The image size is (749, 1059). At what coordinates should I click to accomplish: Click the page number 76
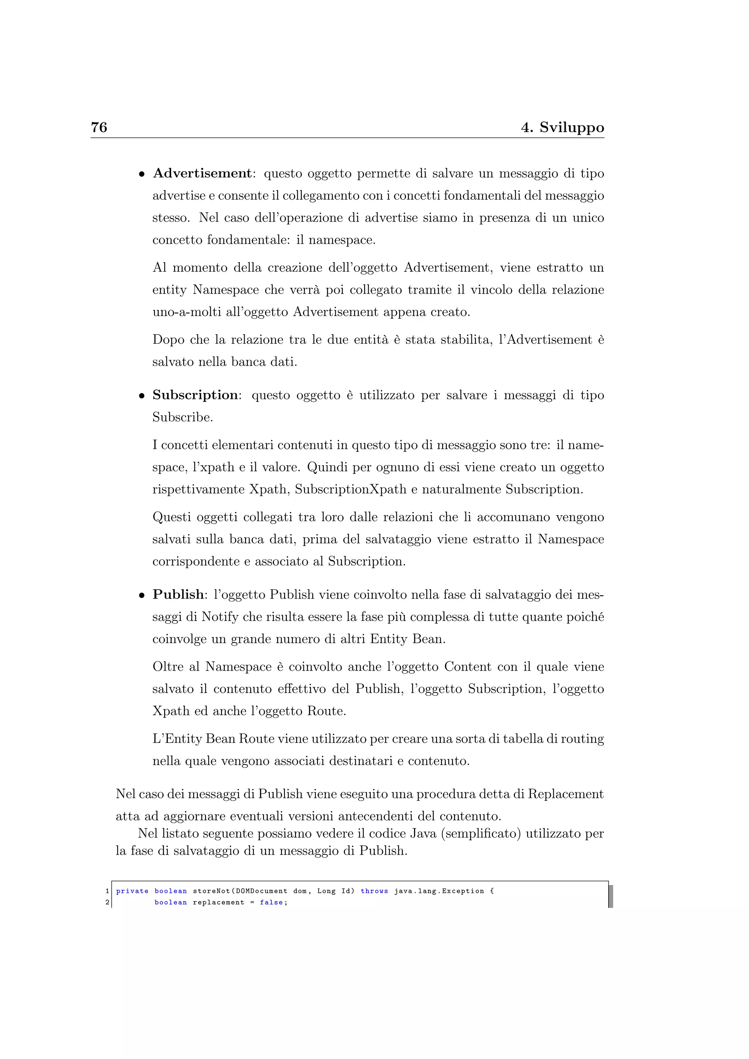pos(99,127)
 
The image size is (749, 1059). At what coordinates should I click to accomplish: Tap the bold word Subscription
pos(195,395)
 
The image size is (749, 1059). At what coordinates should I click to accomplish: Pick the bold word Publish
pos(178,595)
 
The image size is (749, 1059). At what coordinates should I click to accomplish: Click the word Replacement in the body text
pos(565,794)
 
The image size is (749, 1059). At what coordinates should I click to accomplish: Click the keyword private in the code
pos(132,891)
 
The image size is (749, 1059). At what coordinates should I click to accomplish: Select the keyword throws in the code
pos(374,891)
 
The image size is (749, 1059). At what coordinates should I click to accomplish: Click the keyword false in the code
pos(272,902)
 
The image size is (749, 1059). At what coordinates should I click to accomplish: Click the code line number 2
pos(108,902)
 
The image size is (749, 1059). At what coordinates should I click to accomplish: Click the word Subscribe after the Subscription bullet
pos(182,417)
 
